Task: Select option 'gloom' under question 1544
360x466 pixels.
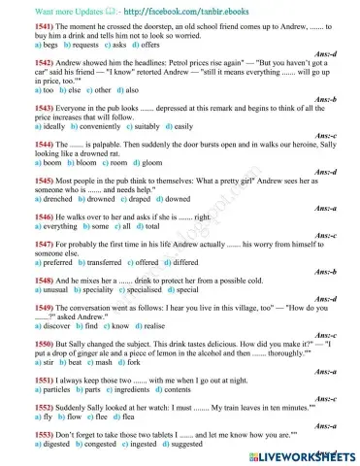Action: [132, 162]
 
